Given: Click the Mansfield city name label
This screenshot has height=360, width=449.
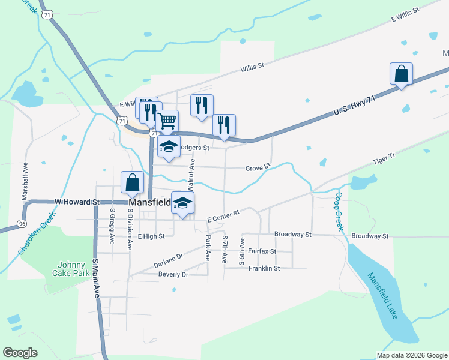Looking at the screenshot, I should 148,203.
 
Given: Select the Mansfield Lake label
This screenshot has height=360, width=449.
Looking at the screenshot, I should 383,296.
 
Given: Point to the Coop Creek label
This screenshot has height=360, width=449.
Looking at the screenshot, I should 339,211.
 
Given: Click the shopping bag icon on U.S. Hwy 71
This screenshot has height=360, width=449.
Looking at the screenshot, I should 401,74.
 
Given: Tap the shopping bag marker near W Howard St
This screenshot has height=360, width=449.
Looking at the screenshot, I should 132,182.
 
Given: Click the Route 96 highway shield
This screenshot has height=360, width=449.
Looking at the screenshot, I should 22,224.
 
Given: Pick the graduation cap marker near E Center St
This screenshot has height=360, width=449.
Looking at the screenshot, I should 183,203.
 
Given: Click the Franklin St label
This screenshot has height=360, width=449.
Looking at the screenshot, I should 264,268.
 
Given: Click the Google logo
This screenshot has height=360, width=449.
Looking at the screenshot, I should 20,353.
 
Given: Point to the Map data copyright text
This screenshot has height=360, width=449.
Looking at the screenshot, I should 412,355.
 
